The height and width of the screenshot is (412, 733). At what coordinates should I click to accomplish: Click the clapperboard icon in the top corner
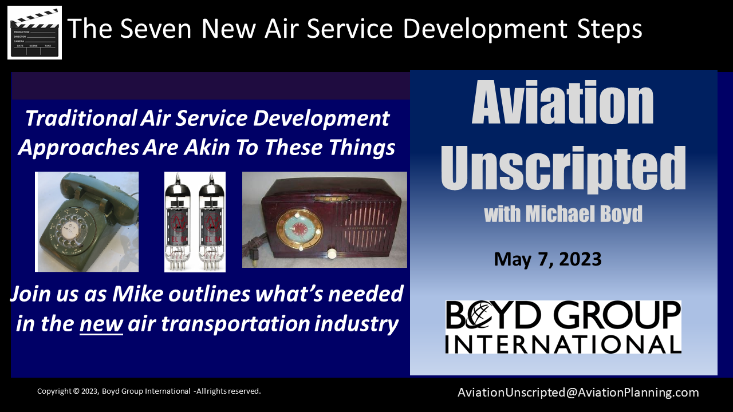[34, 33]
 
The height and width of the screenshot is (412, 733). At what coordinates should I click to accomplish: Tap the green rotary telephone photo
[87, 221]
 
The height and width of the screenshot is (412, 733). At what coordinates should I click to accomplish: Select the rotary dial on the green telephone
[69, 231]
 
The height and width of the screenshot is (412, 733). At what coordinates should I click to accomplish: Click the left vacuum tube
[179, 221]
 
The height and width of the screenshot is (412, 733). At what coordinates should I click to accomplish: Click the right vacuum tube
[211, 221]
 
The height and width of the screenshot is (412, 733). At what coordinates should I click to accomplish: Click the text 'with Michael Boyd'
[563, 214]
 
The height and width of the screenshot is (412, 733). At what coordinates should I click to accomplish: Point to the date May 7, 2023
[547, 259]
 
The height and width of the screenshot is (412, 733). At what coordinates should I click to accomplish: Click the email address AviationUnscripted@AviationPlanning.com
[578, 393]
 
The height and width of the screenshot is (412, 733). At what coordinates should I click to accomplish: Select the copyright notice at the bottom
[149, 391]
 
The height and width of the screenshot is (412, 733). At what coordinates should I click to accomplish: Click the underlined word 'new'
[101, 324]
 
